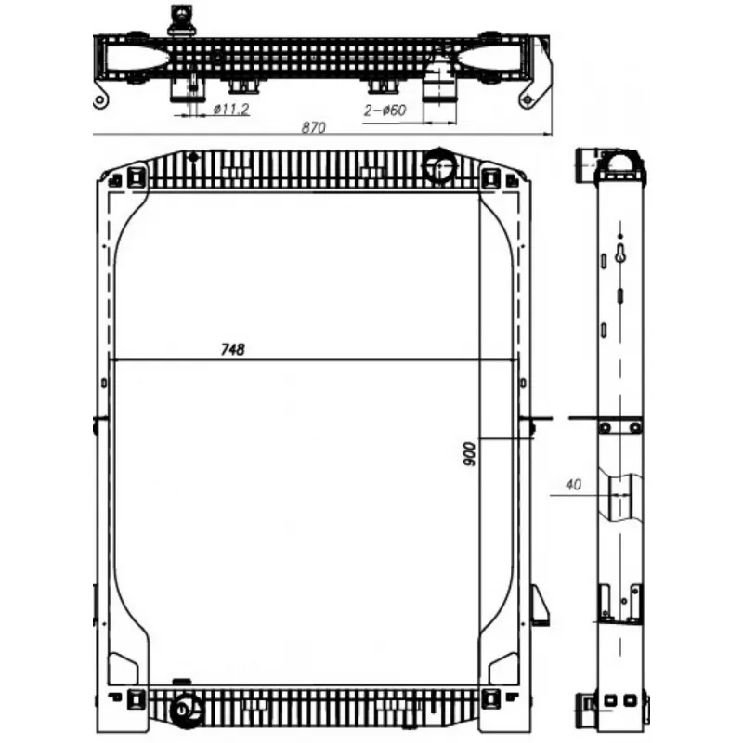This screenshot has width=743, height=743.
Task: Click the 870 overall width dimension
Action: pyautogui.click(x=314, y=127)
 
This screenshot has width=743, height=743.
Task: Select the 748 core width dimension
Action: pyautogui.click(x=233, y=349)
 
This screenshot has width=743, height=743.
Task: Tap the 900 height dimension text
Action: pyautogui.click(x=469, y=454)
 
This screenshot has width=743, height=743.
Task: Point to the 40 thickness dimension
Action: pyautogui.click(x=573, y=484)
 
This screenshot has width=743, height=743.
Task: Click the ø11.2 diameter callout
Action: pyautogui.click(x=230, y=110)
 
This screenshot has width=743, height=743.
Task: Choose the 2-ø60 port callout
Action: pyautogui.click(x=385, y=111)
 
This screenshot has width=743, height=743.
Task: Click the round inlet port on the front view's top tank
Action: pyautogui.click(x=439, y=166)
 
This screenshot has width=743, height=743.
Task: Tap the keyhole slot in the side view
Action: pyautogui.click(x=620, y=253)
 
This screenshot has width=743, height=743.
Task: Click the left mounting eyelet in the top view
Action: pyautogui.click(x=99, y=100)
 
